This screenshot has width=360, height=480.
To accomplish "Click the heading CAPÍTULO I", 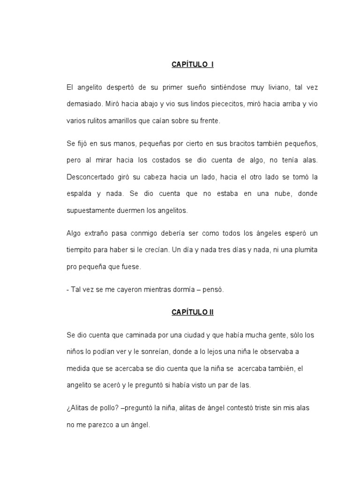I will [x=192, y=65].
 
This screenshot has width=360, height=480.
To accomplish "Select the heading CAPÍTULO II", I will [x=192, y=312].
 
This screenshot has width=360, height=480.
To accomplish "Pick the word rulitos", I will [x=98, y=120].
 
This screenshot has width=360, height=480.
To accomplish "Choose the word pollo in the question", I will [x=105, y=408].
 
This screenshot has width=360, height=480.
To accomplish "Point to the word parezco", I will [x=107, y=425].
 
